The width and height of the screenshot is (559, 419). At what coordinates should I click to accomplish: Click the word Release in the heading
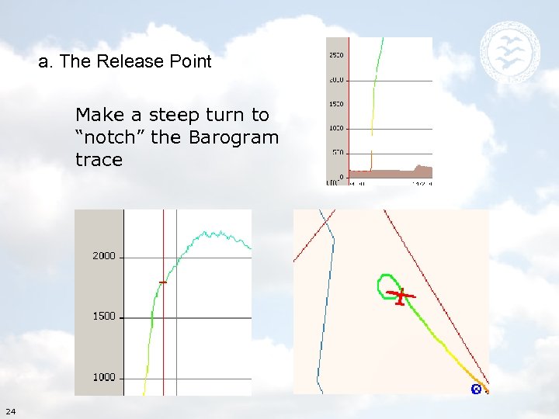(126, 62)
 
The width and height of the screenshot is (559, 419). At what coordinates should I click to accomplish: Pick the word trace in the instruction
(99, 160)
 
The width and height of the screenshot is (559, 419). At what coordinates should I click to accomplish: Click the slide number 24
(9, 410)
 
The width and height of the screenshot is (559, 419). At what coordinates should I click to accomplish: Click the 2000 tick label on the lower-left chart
(104, 256)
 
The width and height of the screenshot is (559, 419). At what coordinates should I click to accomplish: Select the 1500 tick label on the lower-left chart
(104, 317)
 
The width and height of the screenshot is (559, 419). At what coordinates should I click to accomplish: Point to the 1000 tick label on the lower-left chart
(104, 377)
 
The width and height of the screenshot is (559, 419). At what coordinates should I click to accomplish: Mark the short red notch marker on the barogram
(163, 282)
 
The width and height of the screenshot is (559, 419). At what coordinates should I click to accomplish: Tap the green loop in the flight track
(386, 286)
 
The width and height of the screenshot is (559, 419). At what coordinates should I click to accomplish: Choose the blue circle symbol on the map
(476, 390)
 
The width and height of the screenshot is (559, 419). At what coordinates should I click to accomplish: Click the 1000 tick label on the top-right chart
(336, 128)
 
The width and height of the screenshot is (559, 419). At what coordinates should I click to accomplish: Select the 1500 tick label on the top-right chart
(336, 104)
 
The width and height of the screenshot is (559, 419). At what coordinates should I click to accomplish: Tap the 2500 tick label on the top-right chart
(336, 56)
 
